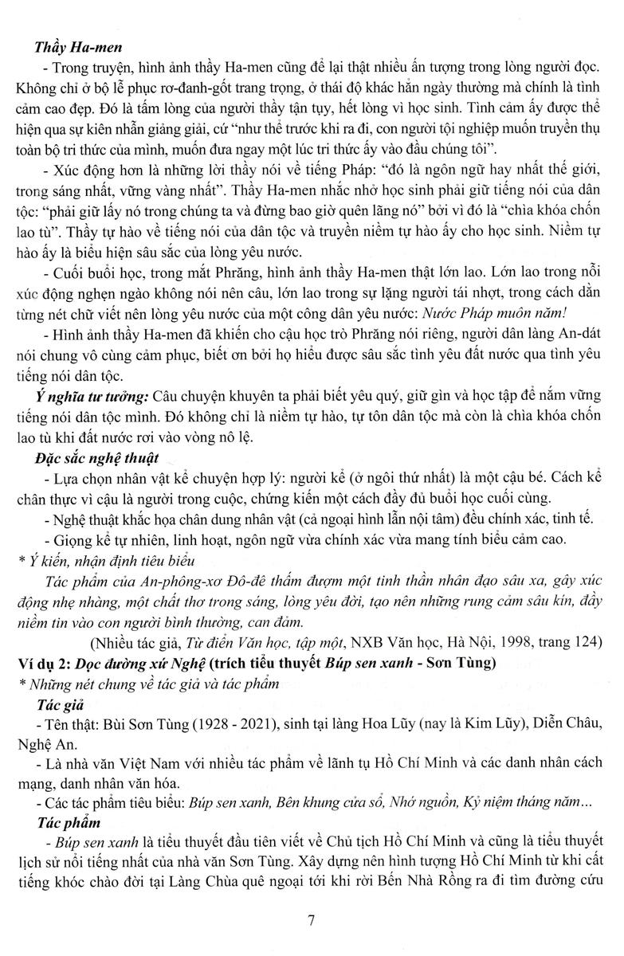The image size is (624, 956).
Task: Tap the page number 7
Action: (312, 923)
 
